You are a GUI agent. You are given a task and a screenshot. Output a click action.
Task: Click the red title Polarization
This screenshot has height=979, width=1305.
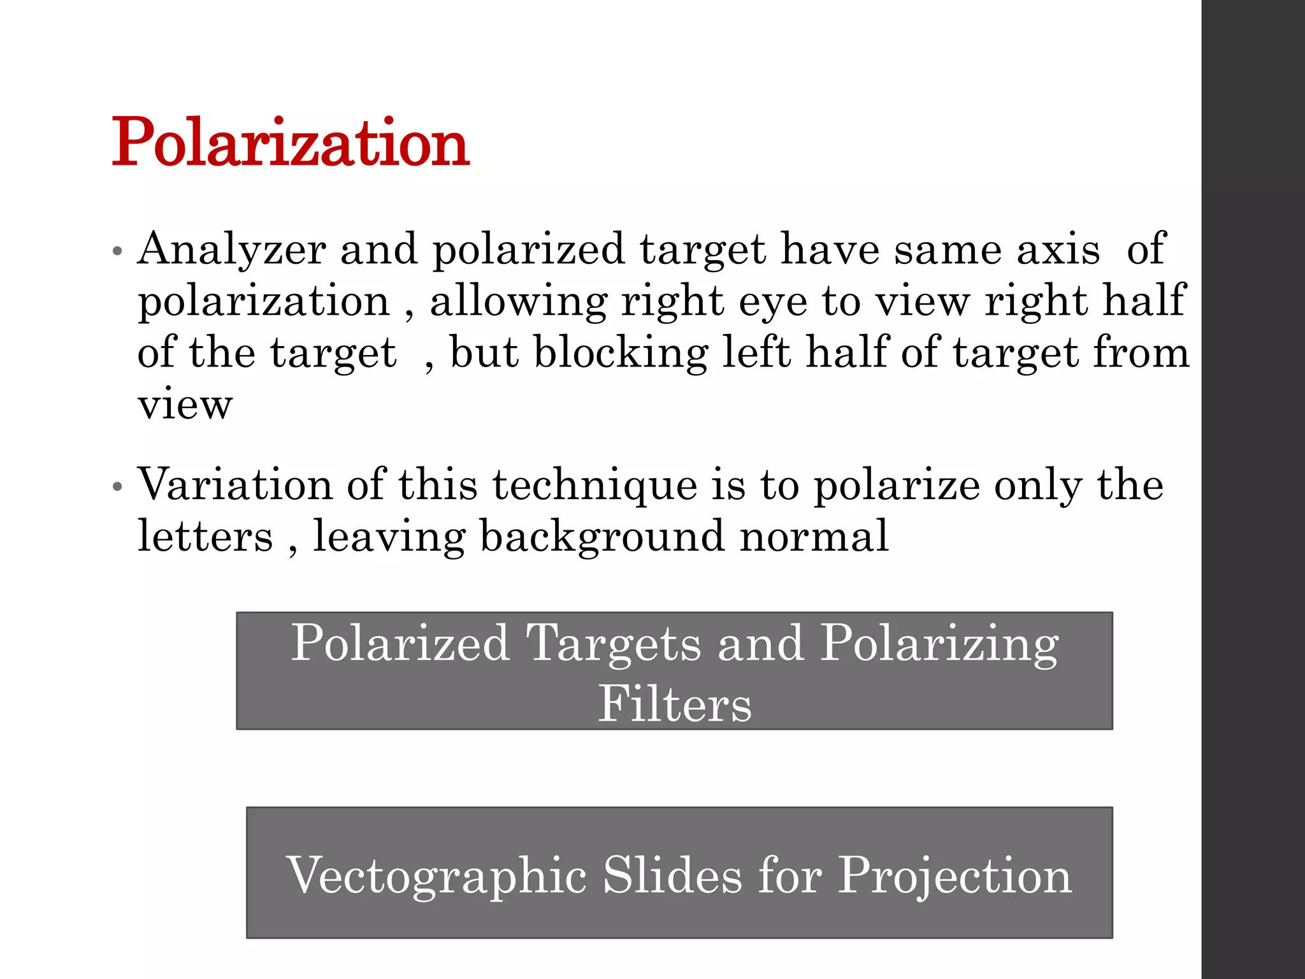(291, 143)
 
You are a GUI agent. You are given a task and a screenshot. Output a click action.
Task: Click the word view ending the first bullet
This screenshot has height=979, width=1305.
(185, 405)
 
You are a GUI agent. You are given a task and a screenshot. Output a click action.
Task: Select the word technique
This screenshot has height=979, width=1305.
(595, 486)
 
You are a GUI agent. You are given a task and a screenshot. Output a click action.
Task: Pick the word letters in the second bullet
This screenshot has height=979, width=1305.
(205, 537)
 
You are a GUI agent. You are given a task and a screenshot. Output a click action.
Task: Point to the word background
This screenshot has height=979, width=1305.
(602, 537)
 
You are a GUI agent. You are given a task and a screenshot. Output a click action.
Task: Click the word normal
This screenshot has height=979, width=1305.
(814, 537)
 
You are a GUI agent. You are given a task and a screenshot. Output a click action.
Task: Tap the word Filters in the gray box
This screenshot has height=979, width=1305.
(674, 704)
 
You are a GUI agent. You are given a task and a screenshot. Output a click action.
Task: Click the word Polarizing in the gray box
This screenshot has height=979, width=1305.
(939, 644)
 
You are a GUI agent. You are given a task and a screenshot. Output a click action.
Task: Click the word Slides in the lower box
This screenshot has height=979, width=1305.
(672, 875)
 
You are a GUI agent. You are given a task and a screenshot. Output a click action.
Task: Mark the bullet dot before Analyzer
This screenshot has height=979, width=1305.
(117, 251)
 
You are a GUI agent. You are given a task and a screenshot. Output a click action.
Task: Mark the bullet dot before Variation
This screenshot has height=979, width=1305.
(117, 488)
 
